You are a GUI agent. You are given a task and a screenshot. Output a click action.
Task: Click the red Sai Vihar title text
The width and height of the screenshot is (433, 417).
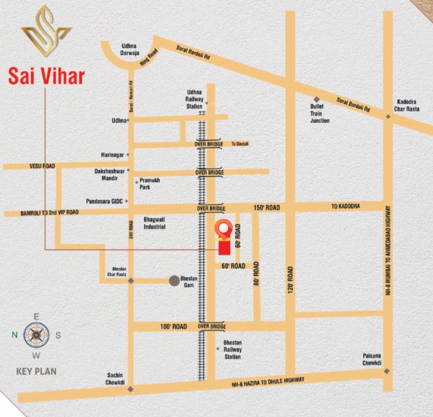click(46, 75)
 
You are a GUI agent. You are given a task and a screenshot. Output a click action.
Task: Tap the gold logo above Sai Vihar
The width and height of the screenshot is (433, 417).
click(46, 33)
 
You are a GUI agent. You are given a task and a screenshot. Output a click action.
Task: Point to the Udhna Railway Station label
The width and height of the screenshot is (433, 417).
click(194, 99)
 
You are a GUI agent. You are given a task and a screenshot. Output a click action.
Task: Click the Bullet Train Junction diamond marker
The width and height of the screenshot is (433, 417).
click(316, 99)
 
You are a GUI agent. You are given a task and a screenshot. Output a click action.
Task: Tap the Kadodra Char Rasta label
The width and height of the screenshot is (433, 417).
click(408, 105)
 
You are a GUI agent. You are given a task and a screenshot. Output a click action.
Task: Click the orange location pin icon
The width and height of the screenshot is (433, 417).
click(223, 230)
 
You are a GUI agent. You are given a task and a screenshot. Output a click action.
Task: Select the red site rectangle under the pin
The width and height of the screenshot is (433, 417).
click(223, 247)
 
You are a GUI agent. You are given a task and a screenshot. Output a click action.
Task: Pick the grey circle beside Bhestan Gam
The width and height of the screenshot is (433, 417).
click(174, 280)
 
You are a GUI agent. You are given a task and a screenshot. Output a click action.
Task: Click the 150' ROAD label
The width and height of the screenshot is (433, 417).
click(266, 208)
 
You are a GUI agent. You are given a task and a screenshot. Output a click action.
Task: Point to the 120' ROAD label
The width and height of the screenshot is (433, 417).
click(291, 280)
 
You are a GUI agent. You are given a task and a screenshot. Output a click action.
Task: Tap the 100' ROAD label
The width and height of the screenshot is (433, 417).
click(173, 326)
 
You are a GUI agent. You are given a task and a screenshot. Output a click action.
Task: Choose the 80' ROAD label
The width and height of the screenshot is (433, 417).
click(256, 274)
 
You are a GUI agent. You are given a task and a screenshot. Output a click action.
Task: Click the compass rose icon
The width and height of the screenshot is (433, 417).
click(36, 335)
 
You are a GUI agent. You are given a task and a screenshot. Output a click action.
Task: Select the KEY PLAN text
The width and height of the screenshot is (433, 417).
click(36, 372)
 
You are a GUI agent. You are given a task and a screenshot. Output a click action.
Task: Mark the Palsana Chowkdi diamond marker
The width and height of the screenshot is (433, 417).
click(386, 371)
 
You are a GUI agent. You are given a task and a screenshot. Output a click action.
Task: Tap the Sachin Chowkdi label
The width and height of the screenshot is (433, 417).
click(115, 379)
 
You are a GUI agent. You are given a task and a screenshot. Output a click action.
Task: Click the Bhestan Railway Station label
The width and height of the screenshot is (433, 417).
click(233, 350)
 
